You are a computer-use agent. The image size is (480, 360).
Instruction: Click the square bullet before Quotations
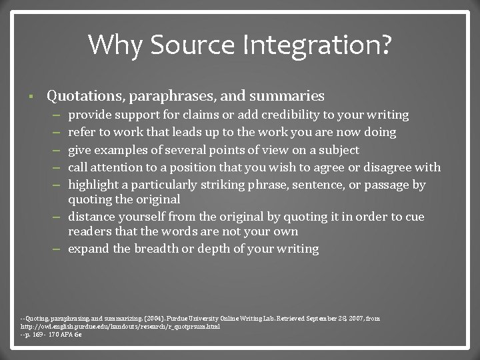click(32, 96)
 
